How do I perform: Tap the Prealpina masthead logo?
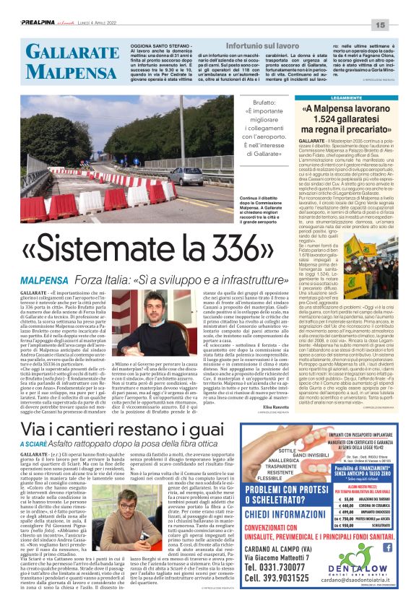click(x=33, y=25)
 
